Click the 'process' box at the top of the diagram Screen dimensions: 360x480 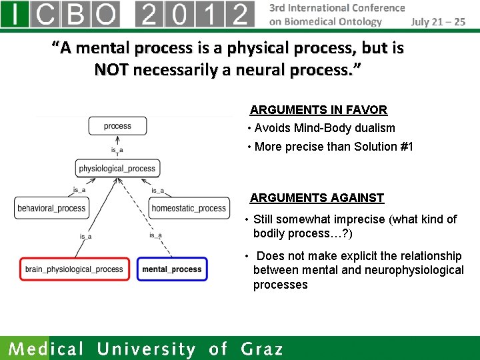(x=117, y=126)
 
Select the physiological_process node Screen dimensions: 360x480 (x=117, y=169)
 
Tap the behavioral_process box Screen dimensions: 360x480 (x=51, y=209)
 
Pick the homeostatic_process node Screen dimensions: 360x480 (x=189, y=209)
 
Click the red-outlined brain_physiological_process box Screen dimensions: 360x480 (x=74, y=269)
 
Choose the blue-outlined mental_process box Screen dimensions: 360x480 (x=172, y=269)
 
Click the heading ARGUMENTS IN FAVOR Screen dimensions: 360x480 (x=318, y=110)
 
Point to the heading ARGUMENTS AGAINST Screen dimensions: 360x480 (x=317, y=198)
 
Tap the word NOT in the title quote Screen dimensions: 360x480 (x=111, y=69)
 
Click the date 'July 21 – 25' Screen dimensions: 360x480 (x=438, y=21)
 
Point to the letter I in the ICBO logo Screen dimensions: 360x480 (x=15, y=14)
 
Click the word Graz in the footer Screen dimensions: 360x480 (x=262, y=349)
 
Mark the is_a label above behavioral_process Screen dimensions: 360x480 (x=79, y=190)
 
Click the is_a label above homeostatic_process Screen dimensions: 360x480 (x=157, y=191)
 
